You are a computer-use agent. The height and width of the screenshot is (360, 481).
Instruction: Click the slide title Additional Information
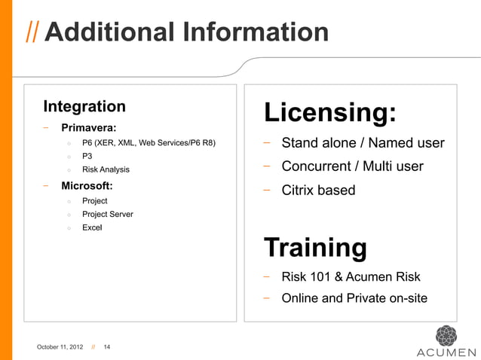click(x=187, y=32)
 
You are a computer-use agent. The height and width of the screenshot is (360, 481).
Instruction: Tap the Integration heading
click(x=84, y=105)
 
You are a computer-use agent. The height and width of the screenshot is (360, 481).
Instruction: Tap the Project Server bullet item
click(x=108, y=214)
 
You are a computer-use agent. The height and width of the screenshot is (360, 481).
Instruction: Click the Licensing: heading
click(x=329, y=113)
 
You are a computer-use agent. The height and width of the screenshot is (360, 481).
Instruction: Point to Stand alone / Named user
click(x=363, y=144)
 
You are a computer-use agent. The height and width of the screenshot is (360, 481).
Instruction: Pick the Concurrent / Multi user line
click(x=352, y=166)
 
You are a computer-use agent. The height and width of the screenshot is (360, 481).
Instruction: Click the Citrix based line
click(x=318, y=190)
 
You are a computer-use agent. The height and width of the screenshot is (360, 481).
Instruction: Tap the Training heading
click(x=314, y=246)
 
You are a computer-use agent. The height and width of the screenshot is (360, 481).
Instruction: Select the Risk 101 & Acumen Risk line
click(x=351, y=276)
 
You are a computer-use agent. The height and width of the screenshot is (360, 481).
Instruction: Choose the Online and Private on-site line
click(x=354, y=298)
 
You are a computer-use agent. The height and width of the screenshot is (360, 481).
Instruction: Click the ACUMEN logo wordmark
click(x=446, y=352)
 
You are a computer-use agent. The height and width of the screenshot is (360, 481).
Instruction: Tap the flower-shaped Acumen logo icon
click(x=446, y=335)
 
